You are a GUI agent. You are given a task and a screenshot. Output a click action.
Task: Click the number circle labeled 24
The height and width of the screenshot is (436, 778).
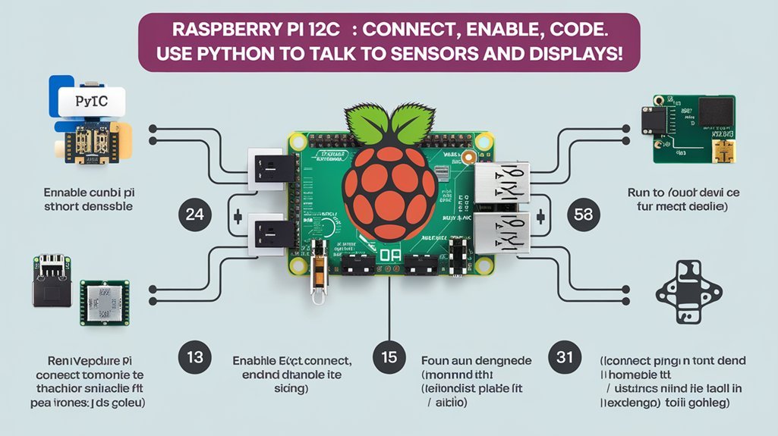coord(194,215)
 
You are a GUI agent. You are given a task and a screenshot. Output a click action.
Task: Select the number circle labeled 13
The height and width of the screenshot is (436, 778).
coord(194,356)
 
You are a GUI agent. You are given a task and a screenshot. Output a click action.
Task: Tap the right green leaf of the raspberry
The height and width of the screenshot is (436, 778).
coord(414,121)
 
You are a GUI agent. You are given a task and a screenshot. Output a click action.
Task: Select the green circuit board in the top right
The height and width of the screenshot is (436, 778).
coord(694,129)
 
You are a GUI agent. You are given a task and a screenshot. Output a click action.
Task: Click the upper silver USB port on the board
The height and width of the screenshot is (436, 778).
coord(502,182)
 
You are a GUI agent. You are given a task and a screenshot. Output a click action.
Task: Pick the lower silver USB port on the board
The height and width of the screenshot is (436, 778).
coord(502,234)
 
